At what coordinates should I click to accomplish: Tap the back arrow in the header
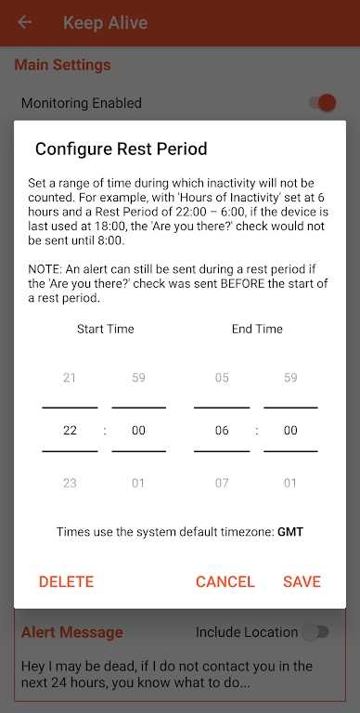(24, 22)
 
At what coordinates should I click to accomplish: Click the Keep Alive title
(106, 22)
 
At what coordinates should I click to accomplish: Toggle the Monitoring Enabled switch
(323, 103)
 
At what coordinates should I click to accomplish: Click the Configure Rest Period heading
(122, 149)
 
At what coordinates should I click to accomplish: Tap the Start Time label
(106, 329)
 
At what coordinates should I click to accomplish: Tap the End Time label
(257, 329)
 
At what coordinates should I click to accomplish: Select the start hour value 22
(70, 430)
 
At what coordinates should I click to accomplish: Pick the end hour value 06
(222, 430)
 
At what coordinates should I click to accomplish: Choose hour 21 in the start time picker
(69, 378)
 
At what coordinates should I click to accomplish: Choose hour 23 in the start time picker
(70, 483)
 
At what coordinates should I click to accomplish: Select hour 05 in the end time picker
(222, 378)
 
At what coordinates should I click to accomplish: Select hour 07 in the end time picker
(222, 483)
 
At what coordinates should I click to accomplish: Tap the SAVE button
(302, 581)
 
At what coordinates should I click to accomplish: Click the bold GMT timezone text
(290, 532)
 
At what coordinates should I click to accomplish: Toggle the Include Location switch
(316, 632)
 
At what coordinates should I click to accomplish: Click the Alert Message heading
(72, 632)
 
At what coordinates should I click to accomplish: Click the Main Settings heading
(63, 65)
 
